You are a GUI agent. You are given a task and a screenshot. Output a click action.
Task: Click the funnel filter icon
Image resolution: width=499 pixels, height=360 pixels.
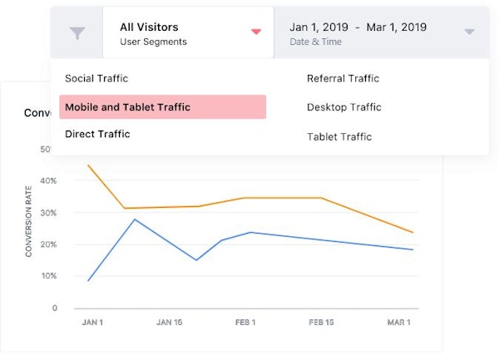(77, 32)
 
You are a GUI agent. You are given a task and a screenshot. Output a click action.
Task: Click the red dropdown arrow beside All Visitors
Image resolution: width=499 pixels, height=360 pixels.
(256, 32)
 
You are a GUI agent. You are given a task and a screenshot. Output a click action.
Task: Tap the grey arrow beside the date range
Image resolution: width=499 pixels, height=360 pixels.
(469, 32)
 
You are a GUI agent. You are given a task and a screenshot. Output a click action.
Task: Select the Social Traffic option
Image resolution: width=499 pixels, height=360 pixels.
(96, 78)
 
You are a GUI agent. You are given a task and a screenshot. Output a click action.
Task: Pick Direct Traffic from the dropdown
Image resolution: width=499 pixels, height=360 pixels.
(97, 134)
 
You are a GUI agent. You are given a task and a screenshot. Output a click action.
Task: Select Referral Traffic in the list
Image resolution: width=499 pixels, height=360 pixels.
(343, 78)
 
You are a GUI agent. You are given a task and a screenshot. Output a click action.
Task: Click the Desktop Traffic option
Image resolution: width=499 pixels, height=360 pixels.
(343, 107)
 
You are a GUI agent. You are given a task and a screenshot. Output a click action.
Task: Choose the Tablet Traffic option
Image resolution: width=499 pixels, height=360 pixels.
(339, 136)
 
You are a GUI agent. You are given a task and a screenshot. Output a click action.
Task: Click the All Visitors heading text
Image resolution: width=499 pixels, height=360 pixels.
(149, 27)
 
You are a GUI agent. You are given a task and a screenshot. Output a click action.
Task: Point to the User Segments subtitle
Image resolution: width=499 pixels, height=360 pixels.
(153, 42)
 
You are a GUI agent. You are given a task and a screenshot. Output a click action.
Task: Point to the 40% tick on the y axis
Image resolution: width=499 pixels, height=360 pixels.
(48, 180)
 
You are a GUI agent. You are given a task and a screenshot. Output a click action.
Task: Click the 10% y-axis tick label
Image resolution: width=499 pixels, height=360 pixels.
(48, 276)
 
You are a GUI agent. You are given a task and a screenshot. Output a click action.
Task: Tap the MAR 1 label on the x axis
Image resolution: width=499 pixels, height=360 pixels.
(399, 322)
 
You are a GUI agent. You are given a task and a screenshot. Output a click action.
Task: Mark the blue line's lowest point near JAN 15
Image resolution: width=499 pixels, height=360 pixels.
(196, 260)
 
